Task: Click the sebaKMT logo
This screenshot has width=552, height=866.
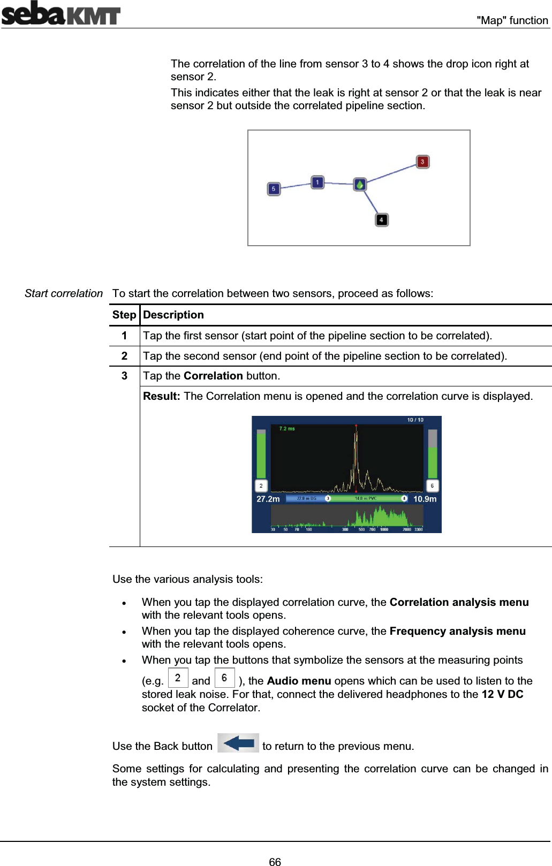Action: point(61,13)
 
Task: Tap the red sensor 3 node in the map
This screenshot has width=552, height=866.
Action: point(422,162)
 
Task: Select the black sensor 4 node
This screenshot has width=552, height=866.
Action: point(381,220)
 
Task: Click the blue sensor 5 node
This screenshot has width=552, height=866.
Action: point(274,189)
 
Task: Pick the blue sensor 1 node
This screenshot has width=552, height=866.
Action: point(317,183)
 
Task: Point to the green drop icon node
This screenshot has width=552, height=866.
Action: point(360,185)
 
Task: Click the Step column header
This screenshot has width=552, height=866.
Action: point(124,315)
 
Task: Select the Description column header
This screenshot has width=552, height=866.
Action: point(173,315)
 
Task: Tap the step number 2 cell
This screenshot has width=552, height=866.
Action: point(124,356)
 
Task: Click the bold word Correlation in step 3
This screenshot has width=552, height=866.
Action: point(213,376)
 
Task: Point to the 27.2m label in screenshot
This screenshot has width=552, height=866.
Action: point(268,499)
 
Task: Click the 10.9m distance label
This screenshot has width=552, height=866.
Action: point(425,499)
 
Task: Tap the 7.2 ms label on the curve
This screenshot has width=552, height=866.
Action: point(287,429)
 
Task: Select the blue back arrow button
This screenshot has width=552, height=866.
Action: point(238,743)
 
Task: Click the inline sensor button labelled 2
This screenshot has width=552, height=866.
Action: point(178,678)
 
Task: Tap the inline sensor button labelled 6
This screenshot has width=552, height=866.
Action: point(224,678)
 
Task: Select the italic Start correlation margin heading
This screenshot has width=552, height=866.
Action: point(63,293)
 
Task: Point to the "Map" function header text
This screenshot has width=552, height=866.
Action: point(512,20)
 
